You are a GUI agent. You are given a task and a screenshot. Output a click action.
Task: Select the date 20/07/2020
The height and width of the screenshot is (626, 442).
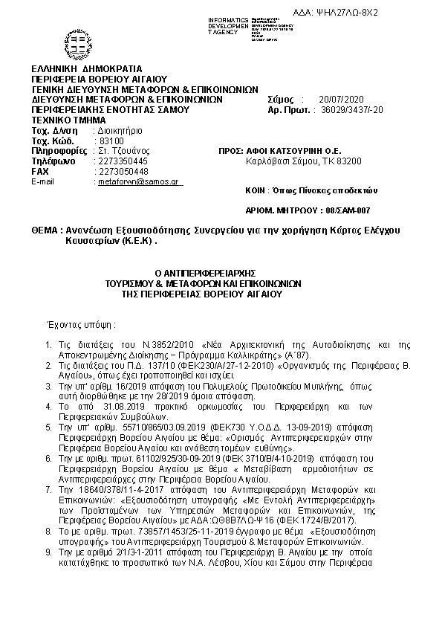click(x=338, y=99)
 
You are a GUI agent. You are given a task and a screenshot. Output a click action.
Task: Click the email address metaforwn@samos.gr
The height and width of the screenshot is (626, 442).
click(x=137, y=181)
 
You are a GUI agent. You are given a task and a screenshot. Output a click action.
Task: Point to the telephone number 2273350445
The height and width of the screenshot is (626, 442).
click(x=123, y=161)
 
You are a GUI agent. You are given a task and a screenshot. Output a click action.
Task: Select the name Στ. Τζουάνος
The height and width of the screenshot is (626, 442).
click(x=124, y=151)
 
